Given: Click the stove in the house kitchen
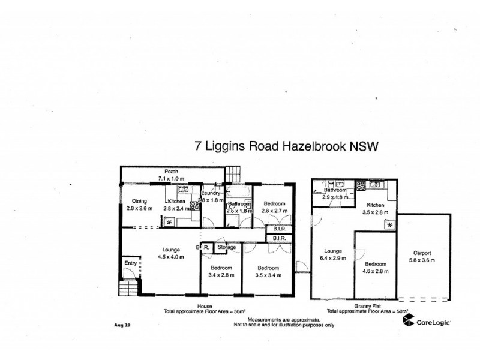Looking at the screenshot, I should tap(195, 205).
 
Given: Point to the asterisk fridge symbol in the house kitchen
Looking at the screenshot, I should tap(169, 223).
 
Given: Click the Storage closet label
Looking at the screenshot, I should tap(226, 247).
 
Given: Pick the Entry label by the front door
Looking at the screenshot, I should tap(130, 262).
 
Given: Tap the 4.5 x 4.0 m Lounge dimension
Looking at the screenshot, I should tap(169, 257).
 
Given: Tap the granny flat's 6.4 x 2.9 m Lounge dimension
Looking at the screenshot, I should tap(333, 258).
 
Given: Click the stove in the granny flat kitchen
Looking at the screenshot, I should tap(362, 185).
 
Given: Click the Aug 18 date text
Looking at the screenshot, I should tap(122, 326).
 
